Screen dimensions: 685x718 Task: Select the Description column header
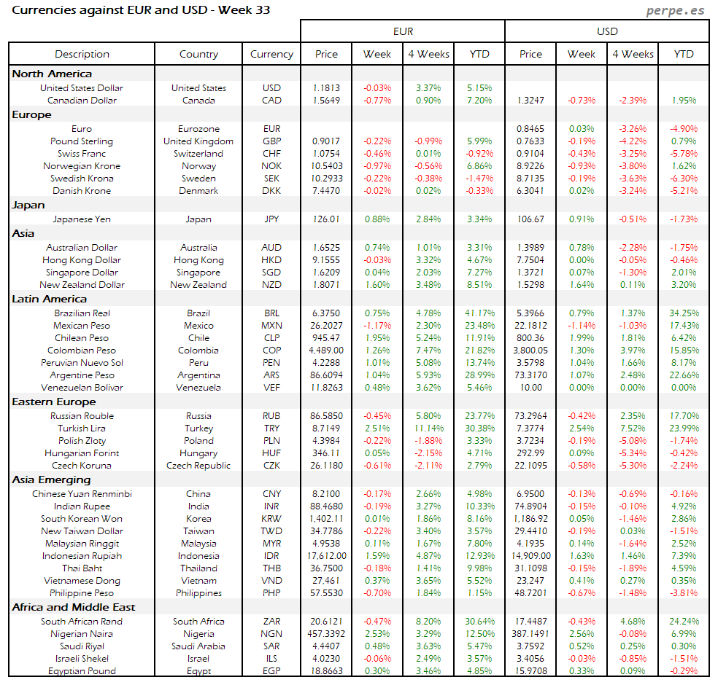(x=82, y=54)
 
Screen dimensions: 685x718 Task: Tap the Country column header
(x=198, y=54)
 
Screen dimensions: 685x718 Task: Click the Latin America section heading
(x=50, y=299)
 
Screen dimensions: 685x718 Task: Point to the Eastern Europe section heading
(x=54, y=402)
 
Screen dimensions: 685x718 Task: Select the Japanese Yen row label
(x=82, y=219)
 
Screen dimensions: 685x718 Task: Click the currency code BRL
(x=271, y=313)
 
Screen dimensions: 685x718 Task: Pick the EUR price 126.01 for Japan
(x=326, y=219)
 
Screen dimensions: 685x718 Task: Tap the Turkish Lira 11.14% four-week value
(x=428, y=428)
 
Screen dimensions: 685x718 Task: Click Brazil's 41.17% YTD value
(x=479, y=313)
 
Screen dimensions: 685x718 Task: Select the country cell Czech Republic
(x=198, y=466)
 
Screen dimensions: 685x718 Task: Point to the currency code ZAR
(x=271, y=622)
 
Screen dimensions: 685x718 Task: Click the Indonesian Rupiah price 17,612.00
(x=326, y=556)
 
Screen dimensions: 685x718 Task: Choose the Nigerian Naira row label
(x=82, y=634)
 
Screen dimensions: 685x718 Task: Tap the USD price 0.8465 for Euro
(x=530, y=129)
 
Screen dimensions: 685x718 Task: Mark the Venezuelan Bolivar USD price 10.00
(x=530, y=388)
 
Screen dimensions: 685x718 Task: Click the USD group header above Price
(x=607, y=31)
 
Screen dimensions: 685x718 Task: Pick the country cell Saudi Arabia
(x=198, y=646)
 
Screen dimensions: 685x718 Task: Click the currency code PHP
(x=271, y=593)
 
